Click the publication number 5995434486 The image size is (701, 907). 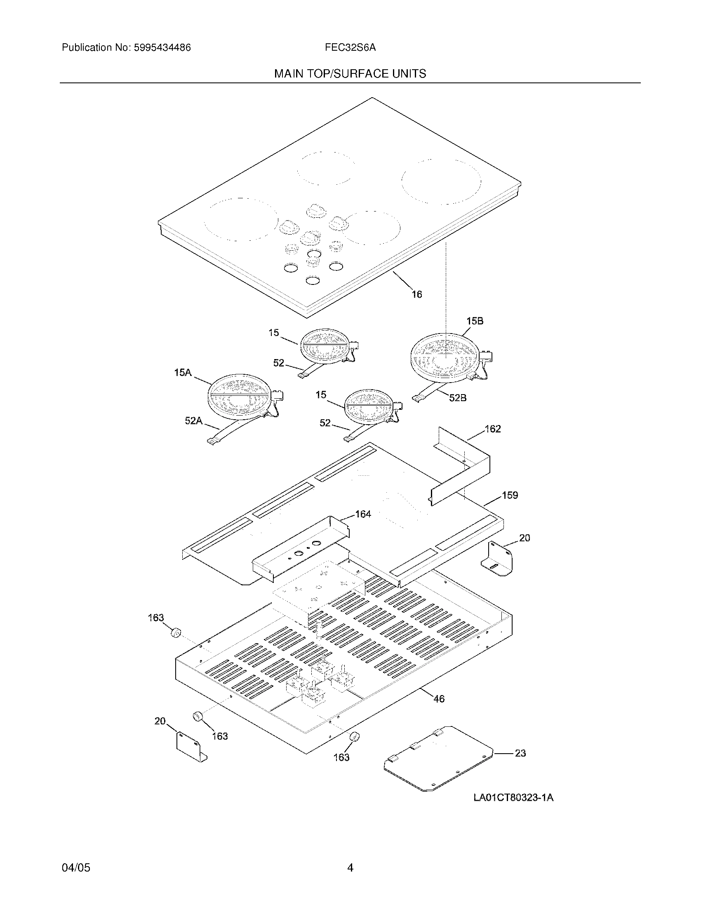162,48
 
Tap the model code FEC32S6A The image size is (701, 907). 350,48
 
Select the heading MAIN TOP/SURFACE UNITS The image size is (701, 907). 350,74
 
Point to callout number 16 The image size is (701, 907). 416,294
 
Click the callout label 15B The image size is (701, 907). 475,321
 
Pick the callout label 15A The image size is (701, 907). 183,373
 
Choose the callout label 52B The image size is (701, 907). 458,398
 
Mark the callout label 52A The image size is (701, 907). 193,421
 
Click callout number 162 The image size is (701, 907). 492,429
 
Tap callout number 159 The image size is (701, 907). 510,495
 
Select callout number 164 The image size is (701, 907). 362,514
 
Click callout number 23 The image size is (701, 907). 520,753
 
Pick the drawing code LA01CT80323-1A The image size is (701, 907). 513,798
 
